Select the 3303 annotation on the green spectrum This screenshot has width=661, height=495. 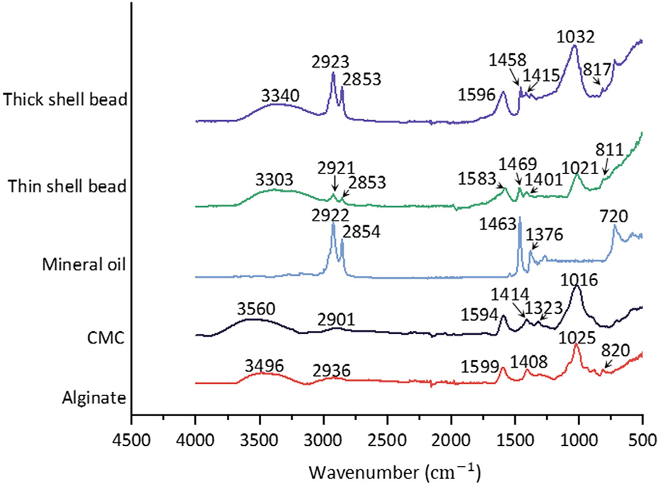pos(276,180)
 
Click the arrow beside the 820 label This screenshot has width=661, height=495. pos(608,364)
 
